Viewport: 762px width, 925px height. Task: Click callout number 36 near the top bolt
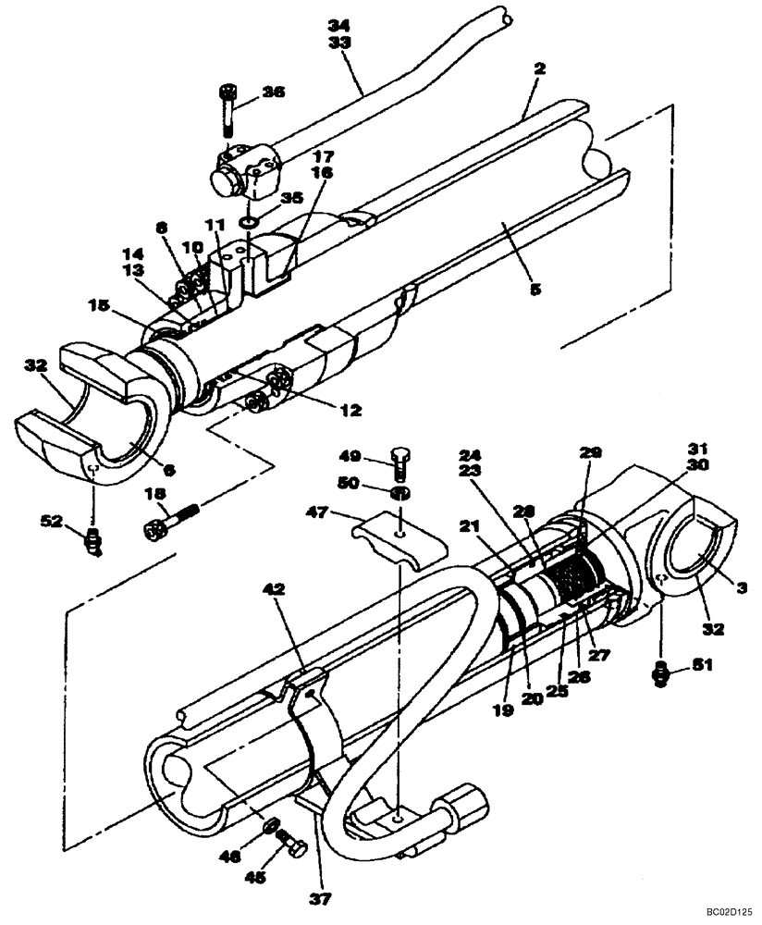[x=273, y=92]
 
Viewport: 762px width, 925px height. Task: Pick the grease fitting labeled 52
[x=92, y=539]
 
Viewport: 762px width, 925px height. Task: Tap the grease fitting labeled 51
[x=659, y=675]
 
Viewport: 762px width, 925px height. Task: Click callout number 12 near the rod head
[x=324, y=409]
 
